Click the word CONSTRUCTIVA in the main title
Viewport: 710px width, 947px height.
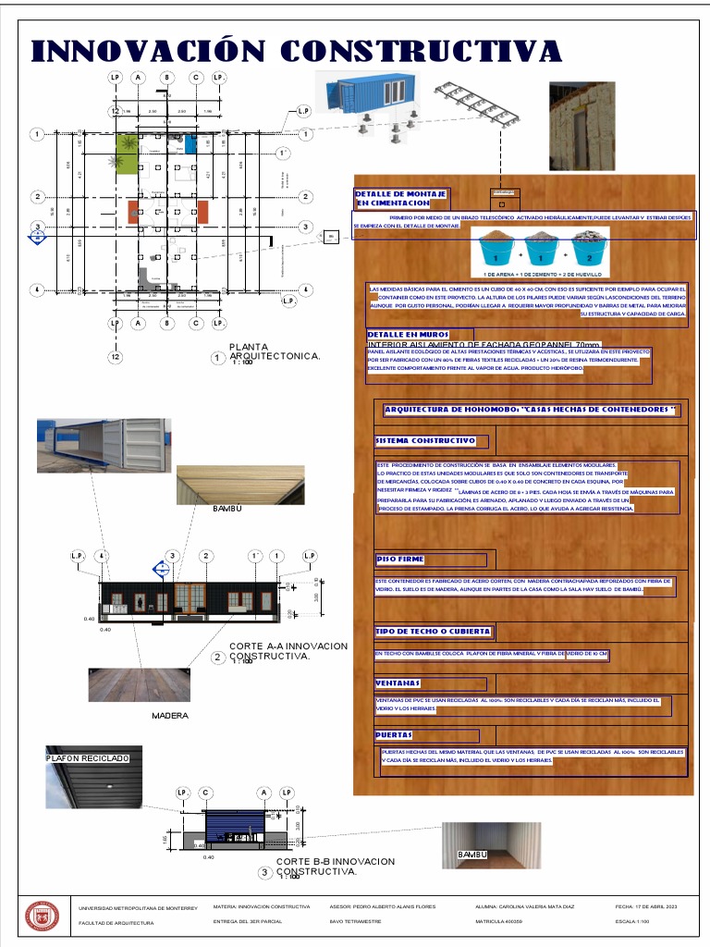[421, 50]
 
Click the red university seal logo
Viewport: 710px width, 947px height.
[42, 916]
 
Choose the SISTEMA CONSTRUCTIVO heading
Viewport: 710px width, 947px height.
[426, 441]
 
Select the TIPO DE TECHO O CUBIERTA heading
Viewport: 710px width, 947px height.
[433, 633]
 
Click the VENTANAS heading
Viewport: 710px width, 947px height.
[398, 683]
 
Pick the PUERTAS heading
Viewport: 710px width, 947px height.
[395, 736]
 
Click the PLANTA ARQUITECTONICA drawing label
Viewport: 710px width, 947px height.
[275, 351]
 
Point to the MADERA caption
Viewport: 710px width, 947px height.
[170, 716]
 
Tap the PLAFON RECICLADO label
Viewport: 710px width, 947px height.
[88, 758]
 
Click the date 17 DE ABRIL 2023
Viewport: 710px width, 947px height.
[646, 907]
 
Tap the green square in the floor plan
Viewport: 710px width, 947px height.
[127, 144]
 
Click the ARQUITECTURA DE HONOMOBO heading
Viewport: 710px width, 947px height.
[530, 410]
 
